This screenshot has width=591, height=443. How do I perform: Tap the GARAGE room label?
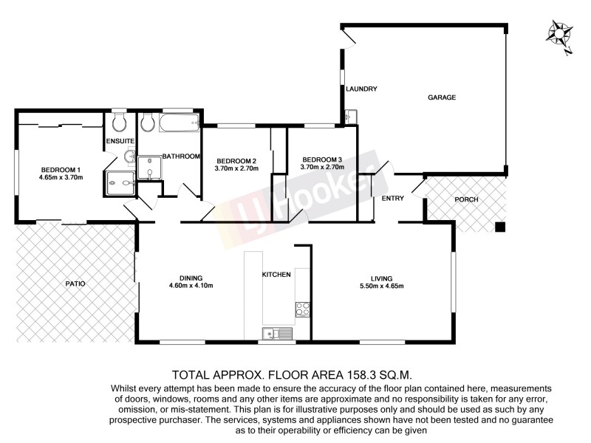coord(442,97)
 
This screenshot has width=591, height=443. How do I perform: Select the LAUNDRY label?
coord(362,89)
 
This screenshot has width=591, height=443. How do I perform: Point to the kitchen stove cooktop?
coord(302,309)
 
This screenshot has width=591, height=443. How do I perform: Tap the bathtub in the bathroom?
coord(179,123)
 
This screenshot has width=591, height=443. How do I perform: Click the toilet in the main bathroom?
coord(146,122)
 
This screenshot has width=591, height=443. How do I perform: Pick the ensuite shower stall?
coord(120,181)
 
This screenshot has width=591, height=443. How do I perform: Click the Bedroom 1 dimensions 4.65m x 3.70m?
coord(61,177)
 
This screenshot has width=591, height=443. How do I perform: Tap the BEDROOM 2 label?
coord(236,161)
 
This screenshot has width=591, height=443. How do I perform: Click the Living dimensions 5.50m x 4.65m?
coord(381,286)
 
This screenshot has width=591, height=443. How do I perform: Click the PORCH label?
coord(466,200)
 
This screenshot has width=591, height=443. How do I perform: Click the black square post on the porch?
coord(500,226)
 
